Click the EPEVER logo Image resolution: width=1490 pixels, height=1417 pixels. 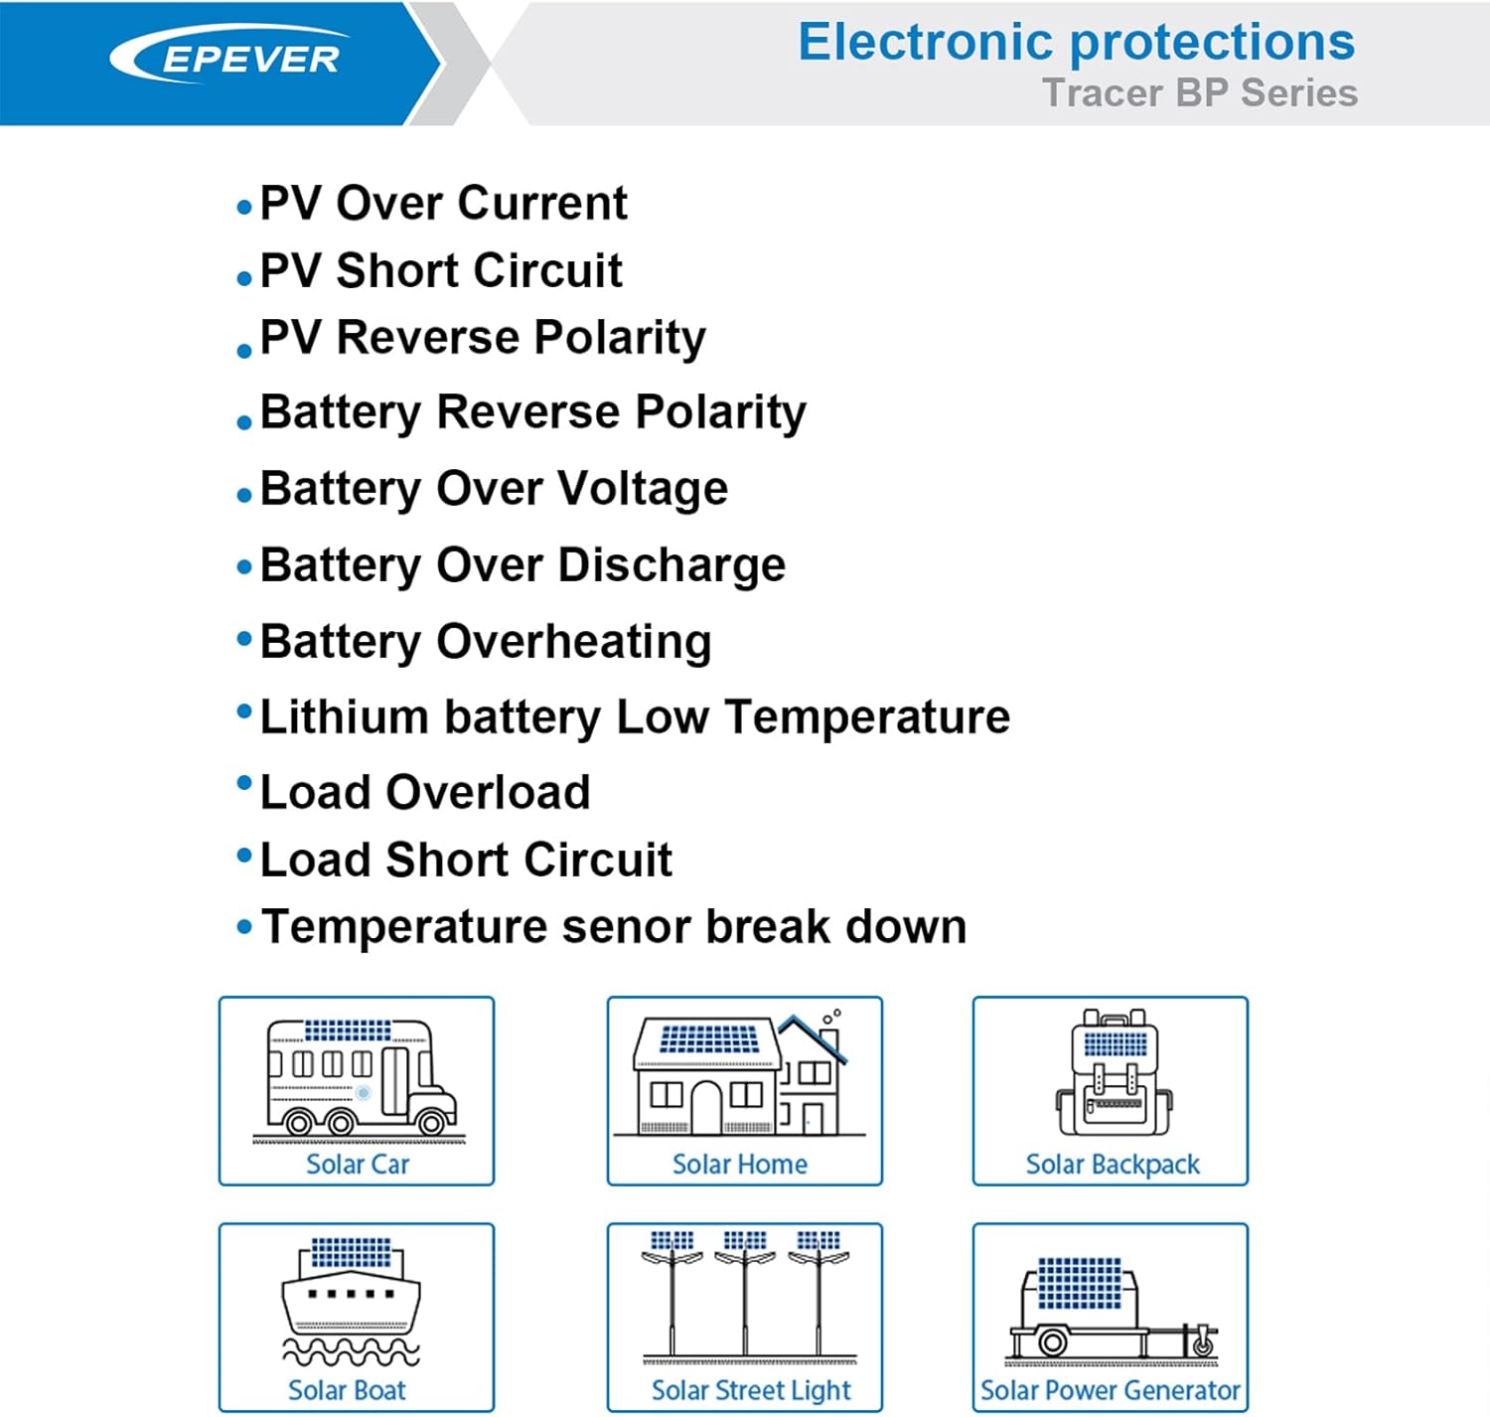click(230, 58)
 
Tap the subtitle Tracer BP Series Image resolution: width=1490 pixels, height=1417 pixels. click(1199, 93)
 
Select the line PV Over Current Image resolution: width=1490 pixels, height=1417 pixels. click(443, 204)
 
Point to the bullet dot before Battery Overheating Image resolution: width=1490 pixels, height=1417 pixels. click(244, 639)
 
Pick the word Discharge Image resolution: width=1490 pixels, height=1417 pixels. click(671, 565)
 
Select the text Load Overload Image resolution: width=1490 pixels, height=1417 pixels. click(425, 793)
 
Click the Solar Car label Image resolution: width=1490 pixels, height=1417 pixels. click(357, 1164)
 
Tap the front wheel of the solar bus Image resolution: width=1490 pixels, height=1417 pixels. click(431, 1123)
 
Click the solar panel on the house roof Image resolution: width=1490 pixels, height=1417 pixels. click(708, 1039)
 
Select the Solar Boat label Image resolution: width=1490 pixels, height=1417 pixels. click(347, 1390)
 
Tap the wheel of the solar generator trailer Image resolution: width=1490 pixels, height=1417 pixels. click(1052, 1342)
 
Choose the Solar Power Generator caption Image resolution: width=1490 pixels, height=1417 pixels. click(1110, 1390)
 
